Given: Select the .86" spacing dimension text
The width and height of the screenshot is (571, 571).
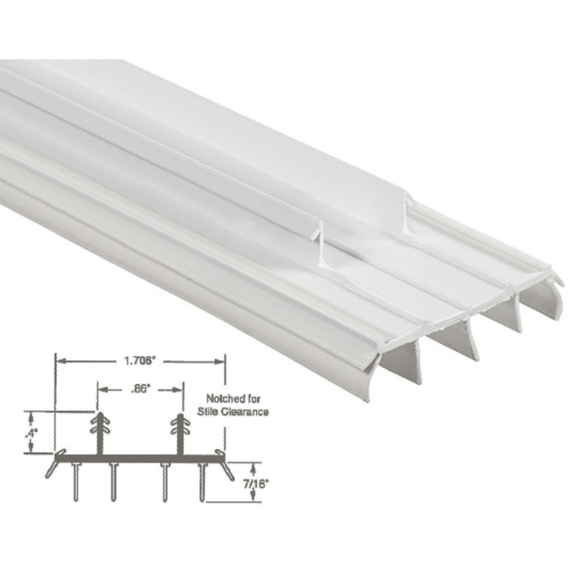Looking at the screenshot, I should [139, 389].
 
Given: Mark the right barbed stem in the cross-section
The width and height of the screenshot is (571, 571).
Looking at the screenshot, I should [179, 432].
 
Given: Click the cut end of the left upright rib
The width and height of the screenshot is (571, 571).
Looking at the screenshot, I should [318, 238].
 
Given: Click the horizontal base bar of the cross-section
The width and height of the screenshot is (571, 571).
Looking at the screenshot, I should [139, 455].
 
